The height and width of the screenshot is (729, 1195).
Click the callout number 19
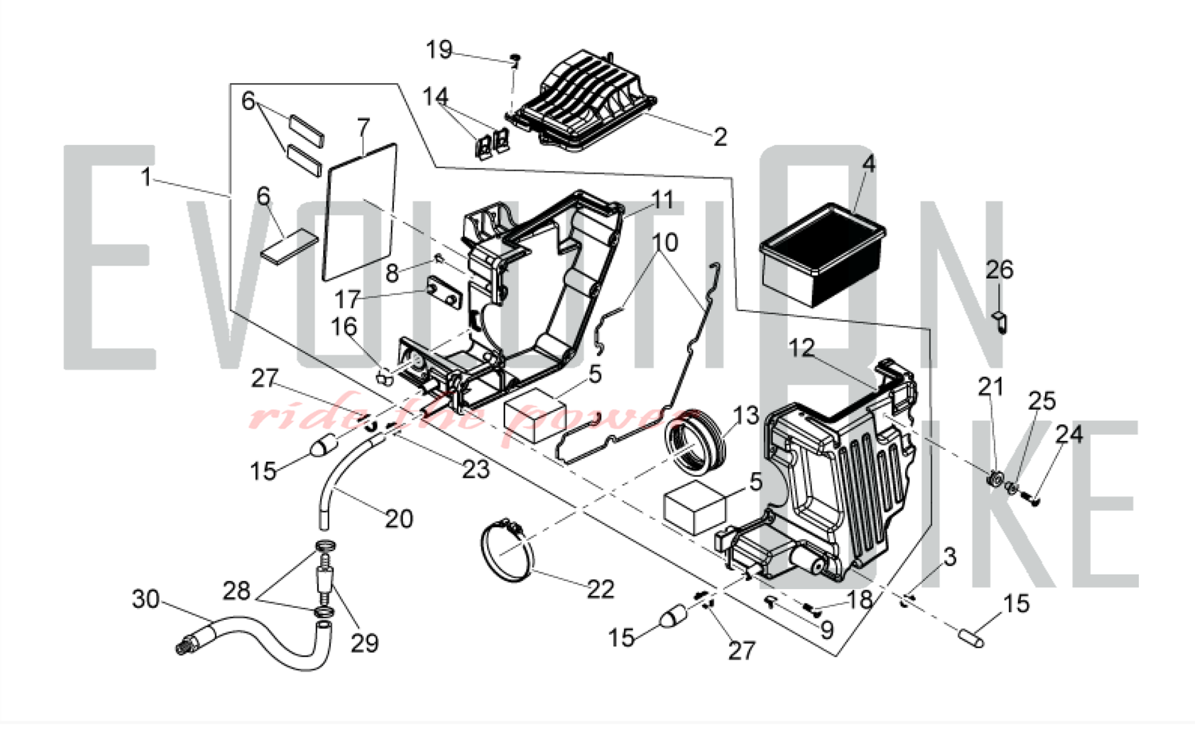coord(439,50)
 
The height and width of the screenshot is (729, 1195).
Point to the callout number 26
coord(1000,270)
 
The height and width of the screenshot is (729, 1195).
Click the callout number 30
coord(146,598)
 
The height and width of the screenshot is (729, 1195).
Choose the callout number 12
coord(801,348)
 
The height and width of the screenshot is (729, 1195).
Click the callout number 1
coord(146,177)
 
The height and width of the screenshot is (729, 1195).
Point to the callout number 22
coord(600,590)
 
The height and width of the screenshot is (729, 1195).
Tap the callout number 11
coord(663,200)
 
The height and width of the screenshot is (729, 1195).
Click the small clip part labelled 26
coord(1001,321)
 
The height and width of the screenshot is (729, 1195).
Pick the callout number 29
coord(364,643)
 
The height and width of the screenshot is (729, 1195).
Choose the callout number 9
coord(826,630)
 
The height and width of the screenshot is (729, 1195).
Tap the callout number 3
coord(949,557)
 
